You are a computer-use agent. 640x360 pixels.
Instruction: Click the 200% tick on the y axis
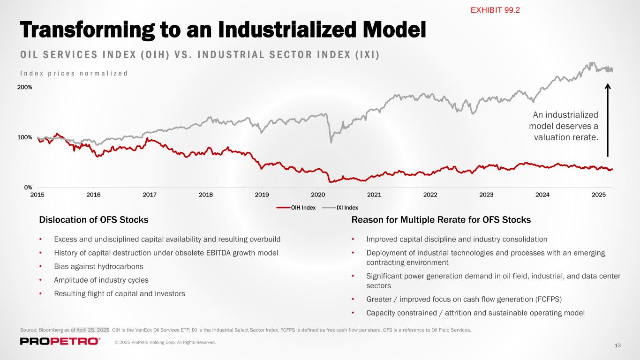click(25, 87)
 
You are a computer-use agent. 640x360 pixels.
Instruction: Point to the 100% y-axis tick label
click(25, 137)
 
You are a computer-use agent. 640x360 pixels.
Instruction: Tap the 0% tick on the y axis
click(28, 187)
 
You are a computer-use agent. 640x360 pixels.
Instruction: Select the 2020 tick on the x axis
click(318, 195)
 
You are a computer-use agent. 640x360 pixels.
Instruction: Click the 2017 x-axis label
click(150, 195)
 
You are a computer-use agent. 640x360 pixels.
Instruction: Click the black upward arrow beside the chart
click(608, 120)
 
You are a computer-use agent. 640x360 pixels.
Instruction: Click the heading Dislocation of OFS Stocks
click(94, 220)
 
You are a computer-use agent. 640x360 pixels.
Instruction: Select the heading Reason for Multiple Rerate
click(441, 220)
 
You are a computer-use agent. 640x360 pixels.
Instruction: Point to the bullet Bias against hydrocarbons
click(98, 266)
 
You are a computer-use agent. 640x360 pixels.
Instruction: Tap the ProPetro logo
click(60, 341)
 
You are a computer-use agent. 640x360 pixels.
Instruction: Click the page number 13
click(617, 345)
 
